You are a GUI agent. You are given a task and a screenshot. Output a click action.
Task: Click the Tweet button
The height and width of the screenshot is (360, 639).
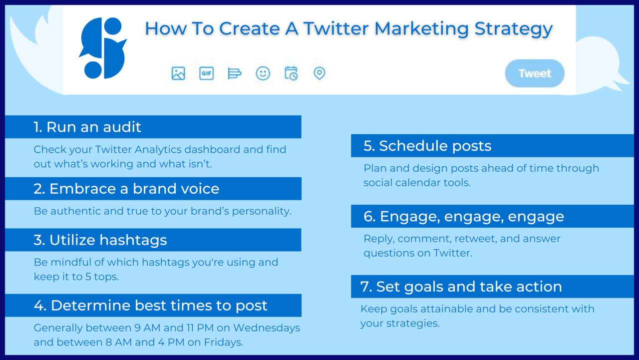535,73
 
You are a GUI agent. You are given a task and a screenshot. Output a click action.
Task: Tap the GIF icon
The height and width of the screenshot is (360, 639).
206,73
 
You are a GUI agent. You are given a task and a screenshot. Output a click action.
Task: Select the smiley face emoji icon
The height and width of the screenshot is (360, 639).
263,73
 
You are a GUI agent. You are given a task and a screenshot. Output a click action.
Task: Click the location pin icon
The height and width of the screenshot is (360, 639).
319,73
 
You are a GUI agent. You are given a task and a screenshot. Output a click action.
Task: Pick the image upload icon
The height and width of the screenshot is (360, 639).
178,73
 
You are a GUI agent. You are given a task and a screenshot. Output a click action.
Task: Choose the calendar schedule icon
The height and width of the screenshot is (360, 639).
291,73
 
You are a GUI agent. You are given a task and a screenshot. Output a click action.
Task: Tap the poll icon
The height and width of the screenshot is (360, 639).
235,73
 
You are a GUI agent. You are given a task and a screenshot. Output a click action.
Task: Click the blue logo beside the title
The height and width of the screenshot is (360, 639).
103,48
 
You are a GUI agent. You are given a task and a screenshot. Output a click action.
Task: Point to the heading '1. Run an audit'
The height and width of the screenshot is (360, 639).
87,127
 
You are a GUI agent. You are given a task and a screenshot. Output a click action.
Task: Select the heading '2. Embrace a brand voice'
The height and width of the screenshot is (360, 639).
126,189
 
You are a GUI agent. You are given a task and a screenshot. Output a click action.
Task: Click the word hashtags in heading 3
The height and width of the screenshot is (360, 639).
133,240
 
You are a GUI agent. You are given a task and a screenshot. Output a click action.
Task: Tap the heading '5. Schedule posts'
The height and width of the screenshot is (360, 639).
427,146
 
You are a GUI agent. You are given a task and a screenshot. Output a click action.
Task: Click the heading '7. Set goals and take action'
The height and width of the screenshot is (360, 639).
461,287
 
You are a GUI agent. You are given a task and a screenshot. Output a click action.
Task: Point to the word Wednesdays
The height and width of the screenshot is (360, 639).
267,328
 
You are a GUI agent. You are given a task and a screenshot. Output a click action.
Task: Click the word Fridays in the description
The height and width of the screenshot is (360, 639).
223,342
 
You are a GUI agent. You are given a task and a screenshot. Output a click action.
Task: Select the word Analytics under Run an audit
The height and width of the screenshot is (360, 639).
158,149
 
